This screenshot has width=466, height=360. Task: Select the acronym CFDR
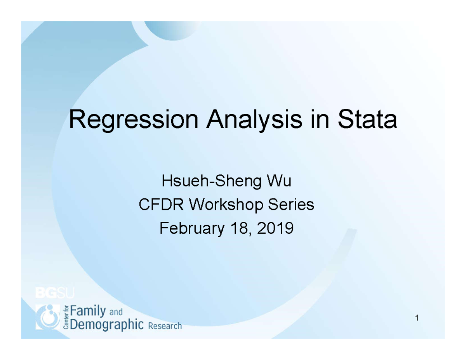pyautogui.click(x=157, y=205)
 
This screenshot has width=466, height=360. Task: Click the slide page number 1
pyautogui.click(x=416, y=319)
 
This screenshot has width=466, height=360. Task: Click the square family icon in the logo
pyautogui.click(x=48, y=317)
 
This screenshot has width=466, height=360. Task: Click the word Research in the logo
pyautogui.click(x=165, y=326)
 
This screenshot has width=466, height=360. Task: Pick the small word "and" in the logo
pyautogui.click(x=116, y=312)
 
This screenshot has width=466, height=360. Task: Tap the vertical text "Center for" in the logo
pyautogui.click(x=65, y=317)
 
